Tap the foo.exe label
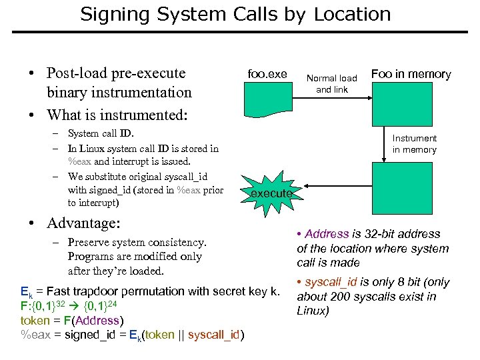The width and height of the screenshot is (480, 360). [x=267, y=74]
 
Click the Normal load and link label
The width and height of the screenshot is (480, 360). [x=331, y=84]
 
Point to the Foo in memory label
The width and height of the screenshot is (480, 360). [x=411, y=74]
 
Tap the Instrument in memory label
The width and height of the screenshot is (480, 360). [x=414, y=144]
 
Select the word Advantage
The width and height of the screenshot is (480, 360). [x=79, y=222]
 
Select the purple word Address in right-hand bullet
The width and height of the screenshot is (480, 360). [x=327, y=234]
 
